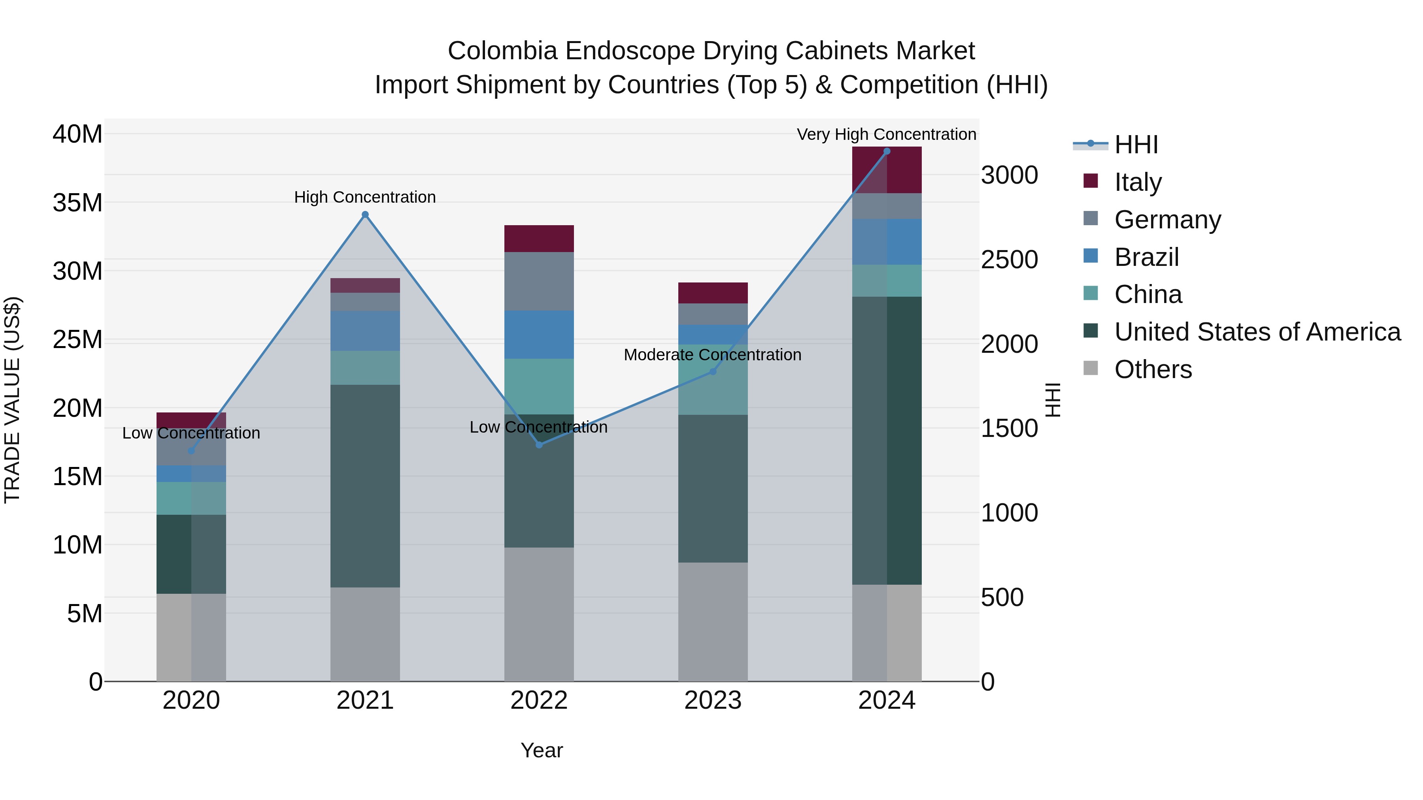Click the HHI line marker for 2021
[365, 215]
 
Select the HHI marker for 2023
[713, 372]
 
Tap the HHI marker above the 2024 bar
[887, 151]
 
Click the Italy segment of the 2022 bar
[539, 239]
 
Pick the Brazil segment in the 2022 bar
[539, 335]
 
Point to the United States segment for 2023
[713, 489]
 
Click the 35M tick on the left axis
[77, 203]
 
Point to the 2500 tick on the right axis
[1009, 260]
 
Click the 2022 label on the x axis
[539, 700]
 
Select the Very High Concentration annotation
[886, 134]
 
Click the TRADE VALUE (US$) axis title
[12, 400]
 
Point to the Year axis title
[542, 750]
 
